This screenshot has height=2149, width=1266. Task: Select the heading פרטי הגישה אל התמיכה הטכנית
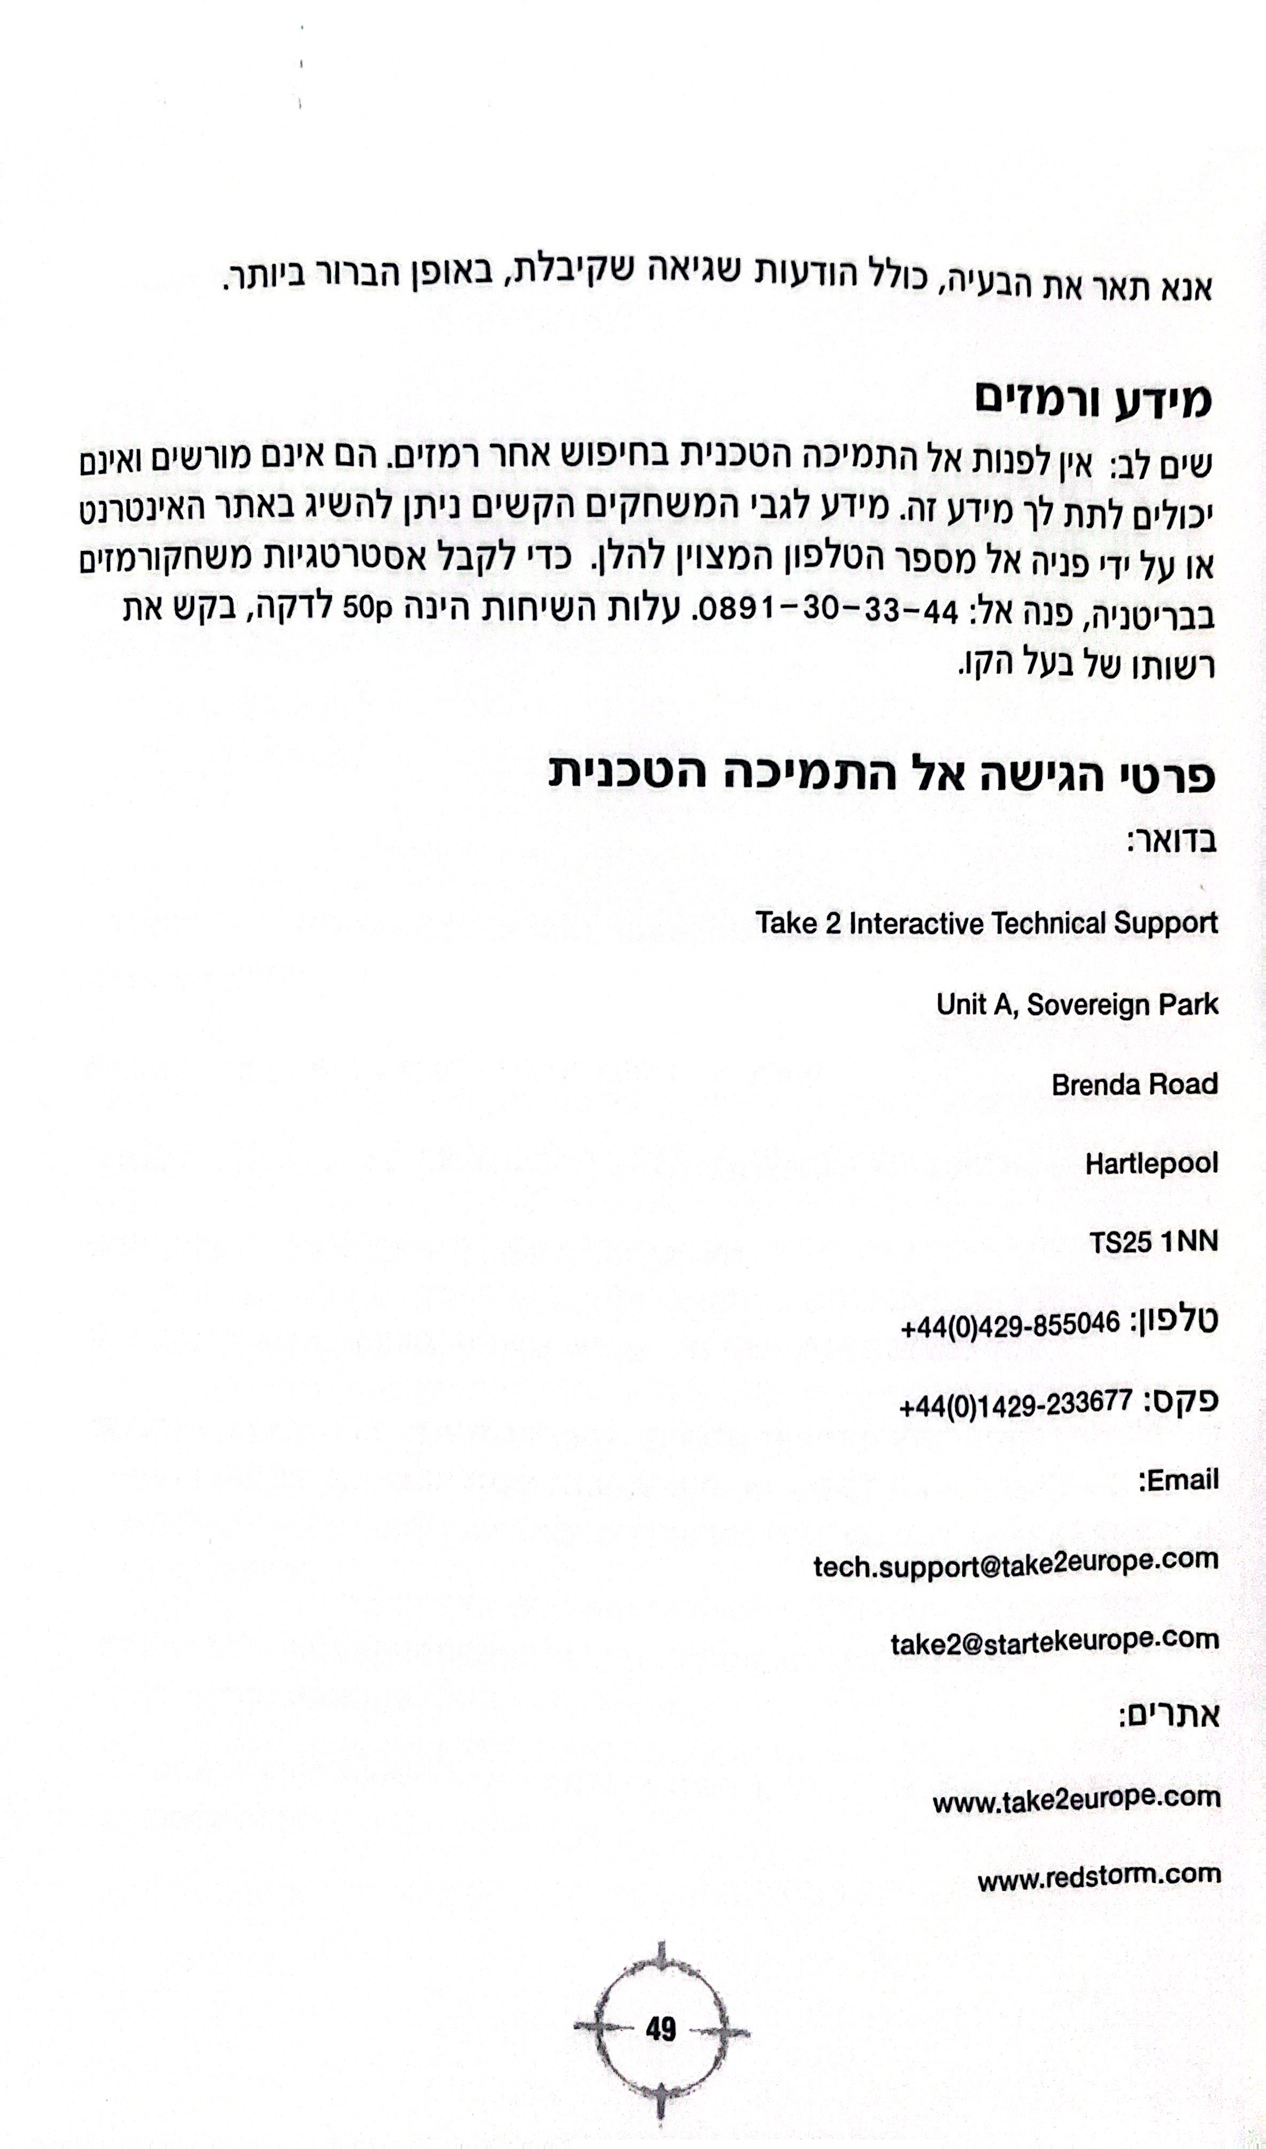pos(883,777)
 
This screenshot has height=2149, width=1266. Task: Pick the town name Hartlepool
pos(1151,1164)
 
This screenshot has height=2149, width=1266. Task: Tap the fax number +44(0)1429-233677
pos(1015,1404)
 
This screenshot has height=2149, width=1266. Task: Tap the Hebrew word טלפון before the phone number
pos(1176,1321)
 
